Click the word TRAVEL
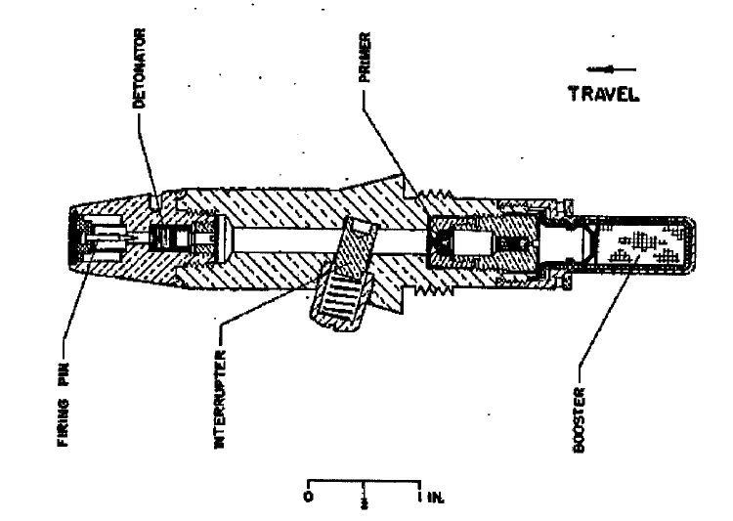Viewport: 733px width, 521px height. (604, 94)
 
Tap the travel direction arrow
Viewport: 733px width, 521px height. (611, 69)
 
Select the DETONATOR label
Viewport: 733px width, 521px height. (140, 68)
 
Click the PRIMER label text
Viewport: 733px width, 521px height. (366, 57)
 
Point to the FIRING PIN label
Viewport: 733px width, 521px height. (64, 404)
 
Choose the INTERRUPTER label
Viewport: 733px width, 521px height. (220, 400)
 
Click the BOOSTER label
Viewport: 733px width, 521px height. (579, 419)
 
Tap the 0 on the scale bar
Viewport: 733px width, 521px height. (308, 497)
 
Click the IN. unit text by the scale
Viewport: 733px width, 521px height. (436, 498)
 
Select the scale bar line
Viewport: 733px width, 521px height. (364, 481)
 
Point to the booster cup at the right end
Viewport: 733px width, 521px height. (637, 244)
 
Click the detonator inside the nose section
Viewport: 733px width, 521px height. (171, 239)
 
